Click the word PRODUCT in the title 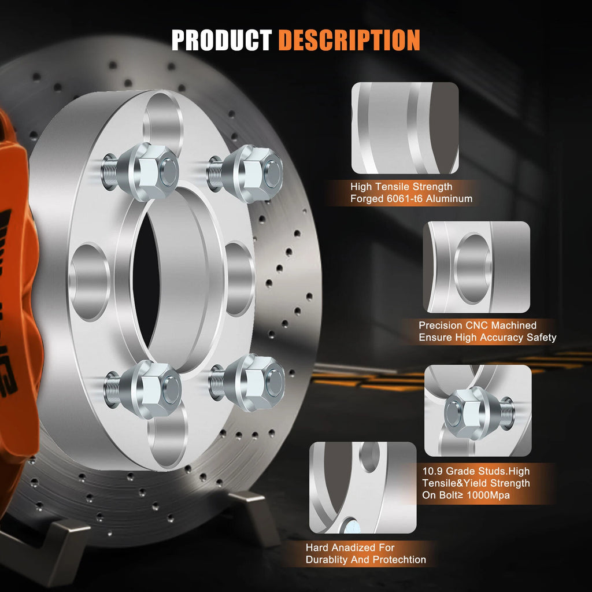[x=221, y=40]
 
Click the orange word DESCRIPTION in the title [x=349, y=40]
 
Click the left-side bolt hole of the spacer [x=89, y=282]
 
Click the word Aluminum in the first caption [x=449, y=199]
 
